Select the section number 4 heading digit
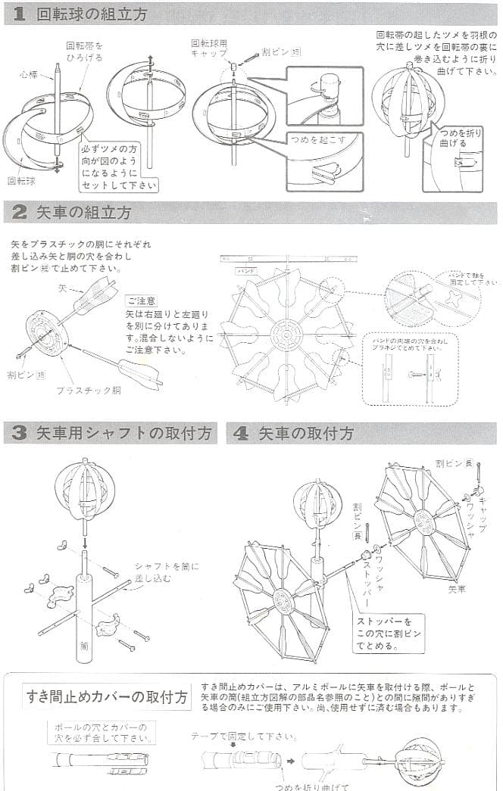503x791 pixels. point(240,434)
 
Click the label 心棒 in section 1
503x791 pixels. point(28,75)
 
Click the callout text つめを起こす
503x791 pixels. point(316,139)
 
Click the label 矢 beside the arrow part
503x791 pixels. point(63,288)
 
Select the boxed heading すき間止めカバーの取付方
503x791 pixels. point(108,696)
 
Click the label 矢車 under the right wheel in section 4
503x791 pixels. point(457,586)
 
